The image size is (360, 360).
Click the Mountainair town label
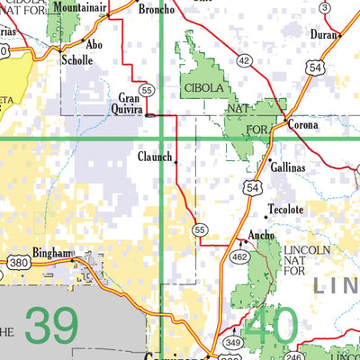point(79,7)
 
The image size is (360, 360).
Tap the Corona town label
point(303,125)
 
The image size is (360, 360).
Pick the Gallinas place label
point(287,167)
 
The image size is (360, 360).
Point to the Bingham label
point(50,254)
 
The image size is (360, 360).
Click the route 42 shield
point(244,60)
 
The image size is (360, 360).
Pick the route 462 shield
point(241,256)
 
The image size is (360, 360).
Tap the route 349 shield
point(233,342)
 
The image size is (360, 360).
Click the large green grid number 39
point(51,326)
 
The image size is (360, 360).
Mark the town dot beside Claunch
point(175,163)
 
